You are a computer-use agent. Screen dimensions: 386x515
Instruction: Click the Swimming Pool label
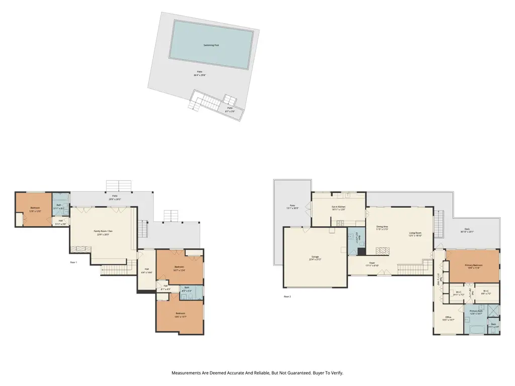pos(211,45)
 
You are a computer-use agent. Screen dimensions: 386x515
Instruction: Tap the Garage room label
pos(314,257)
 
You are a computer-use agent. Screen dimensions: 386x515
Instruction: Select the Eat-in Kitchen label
pos(338,207)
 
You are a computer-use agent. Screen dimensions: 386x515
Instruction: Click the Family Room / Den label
pos(104,231)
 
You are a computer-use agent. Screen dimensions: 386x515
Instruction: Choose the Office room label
pos(448,317)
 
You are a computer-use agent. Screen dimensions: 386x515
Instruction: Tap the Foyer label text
pos(372,262)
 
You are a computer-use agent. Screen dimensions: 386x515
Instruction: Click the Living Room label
pos(415,233)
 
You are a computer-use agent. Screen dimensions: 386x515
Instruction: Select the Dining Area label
pos(382,227)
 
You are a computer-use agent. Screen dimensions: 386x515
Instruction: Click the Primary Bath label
pos(476,311)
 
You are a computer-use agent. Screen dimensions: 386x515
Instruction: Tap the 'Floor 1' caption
pos(73,262)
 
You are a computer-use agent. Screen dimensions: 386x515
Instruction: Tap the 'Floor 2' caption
pos(288,297)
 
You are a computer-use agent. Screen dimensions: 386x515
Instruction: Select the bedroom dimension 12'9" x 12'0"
pos(35,211)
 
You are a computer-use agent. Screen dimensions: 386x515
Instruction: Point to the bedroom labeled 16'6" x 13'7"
pos(180,317)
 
